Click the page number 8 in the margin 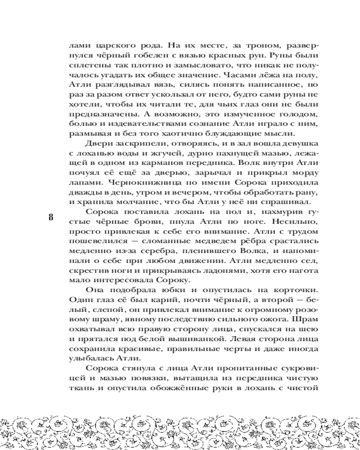(x=51, y=216)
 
